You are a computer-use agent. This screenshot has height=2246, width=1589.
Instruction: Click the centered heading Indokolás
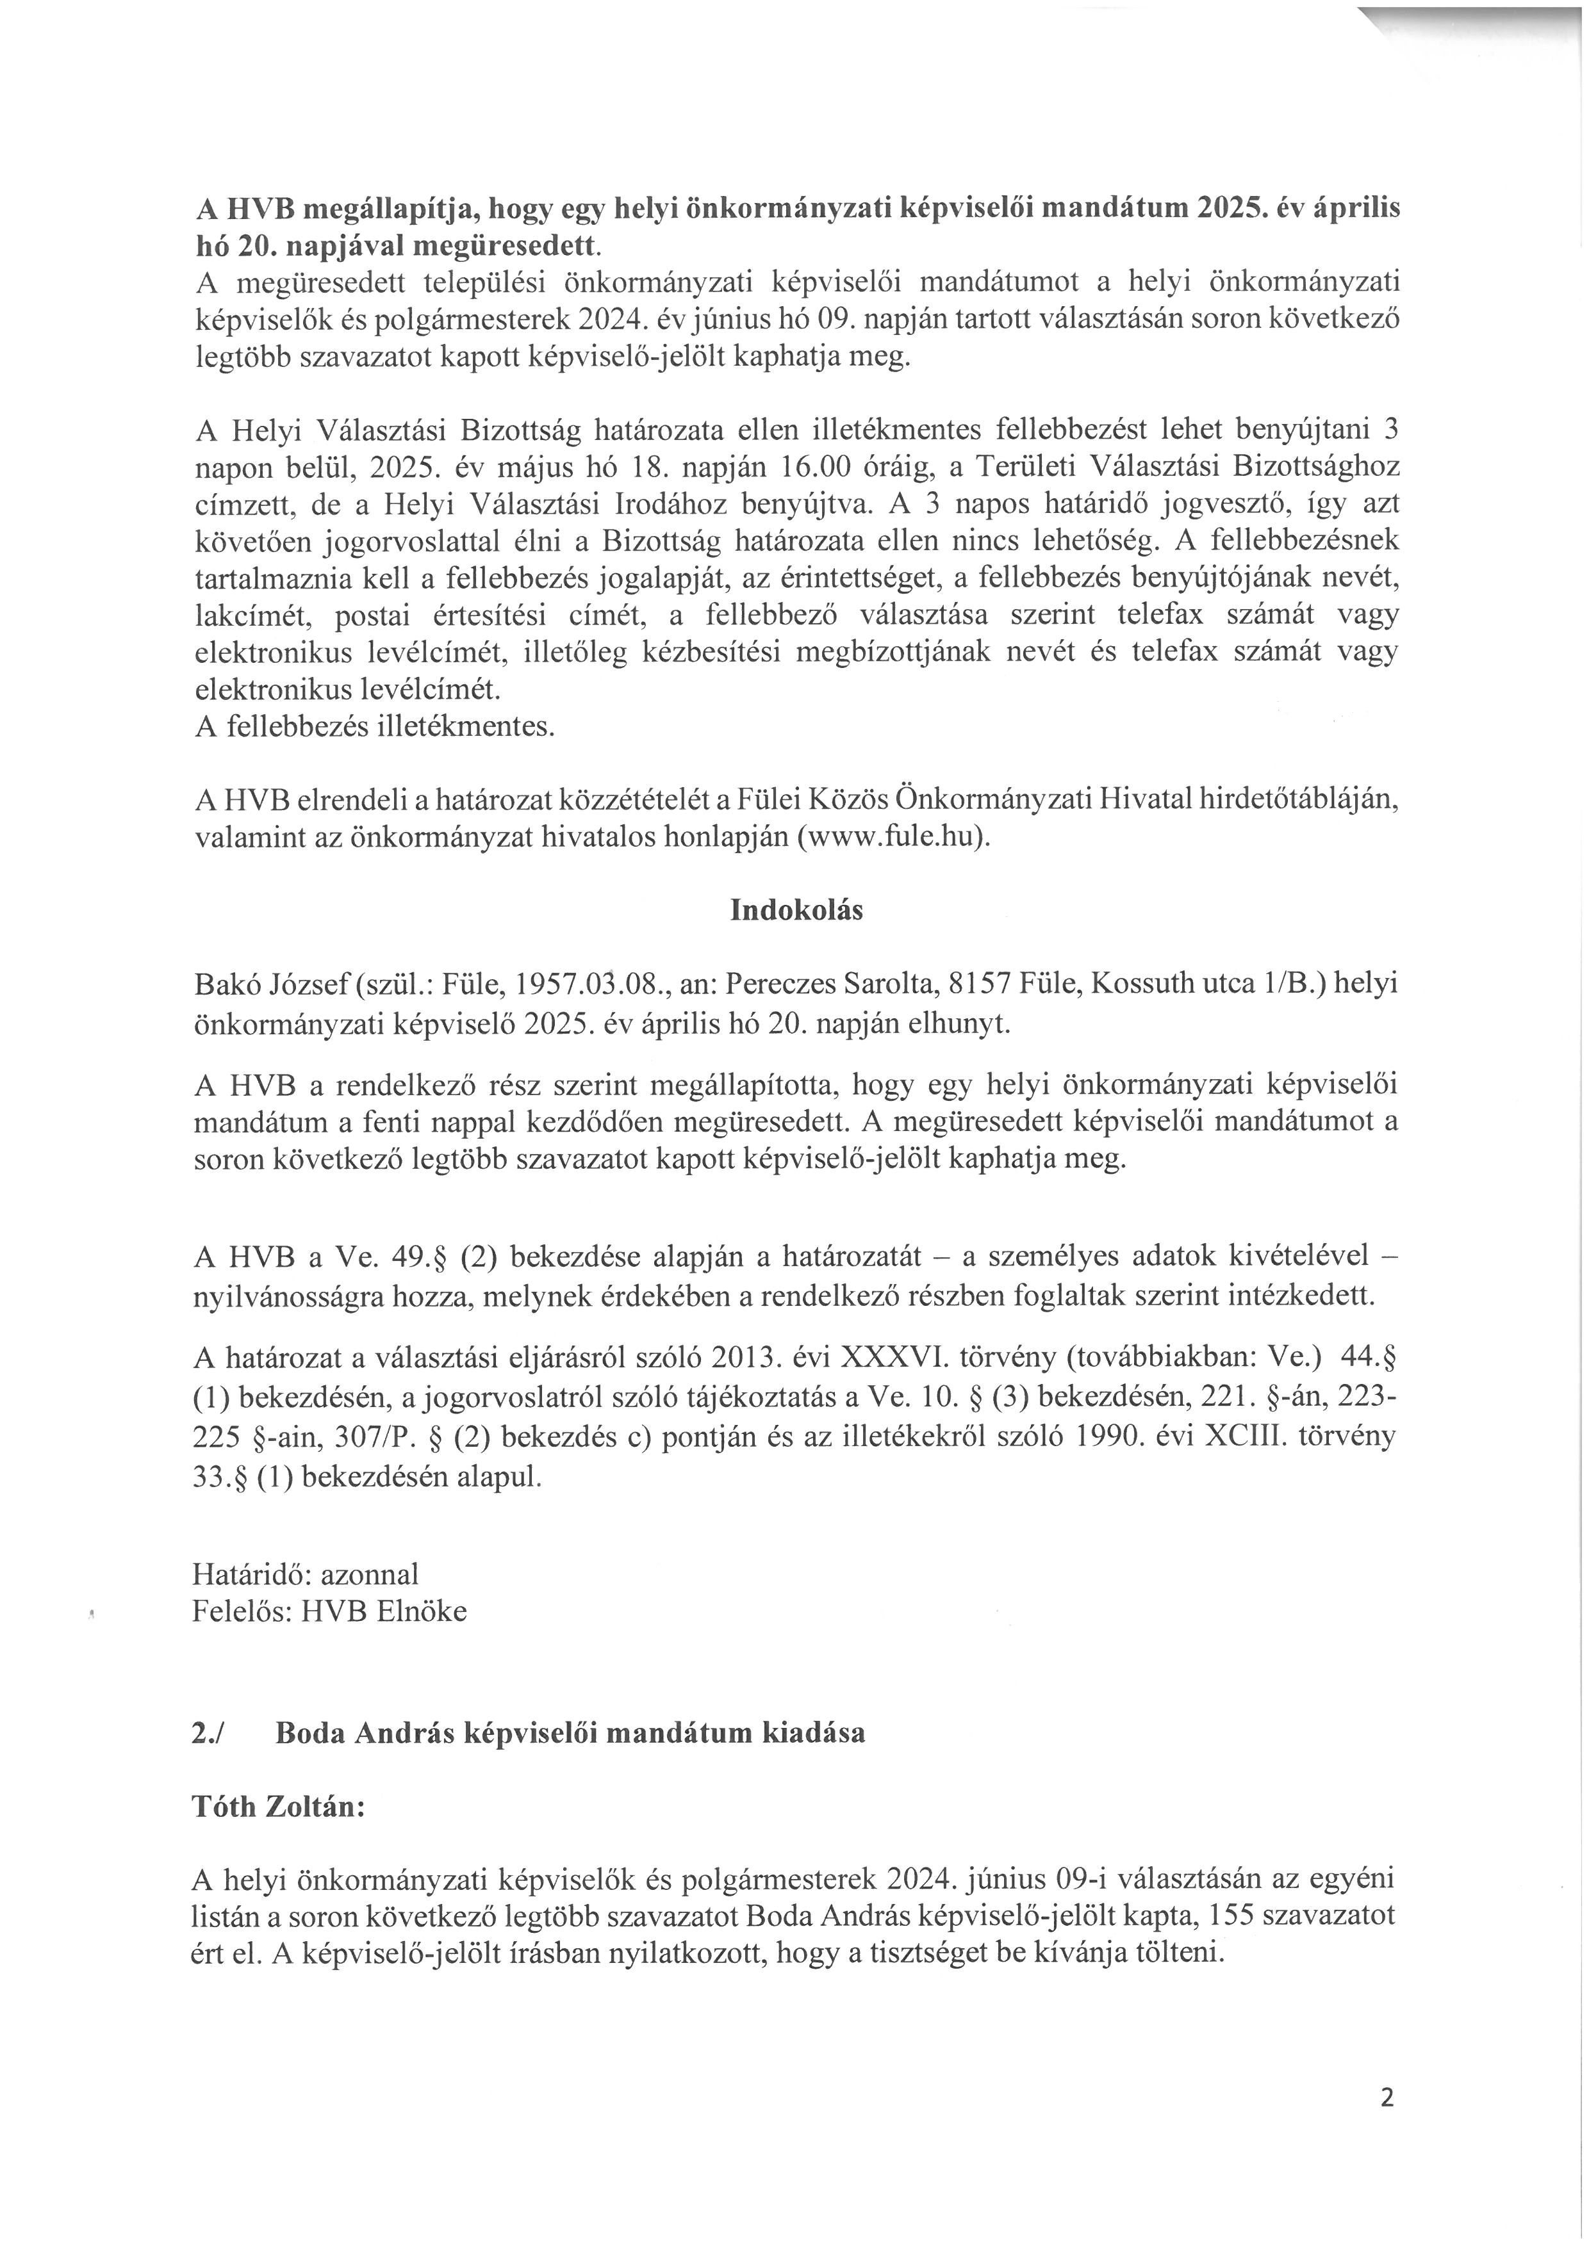click(796, 911)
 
